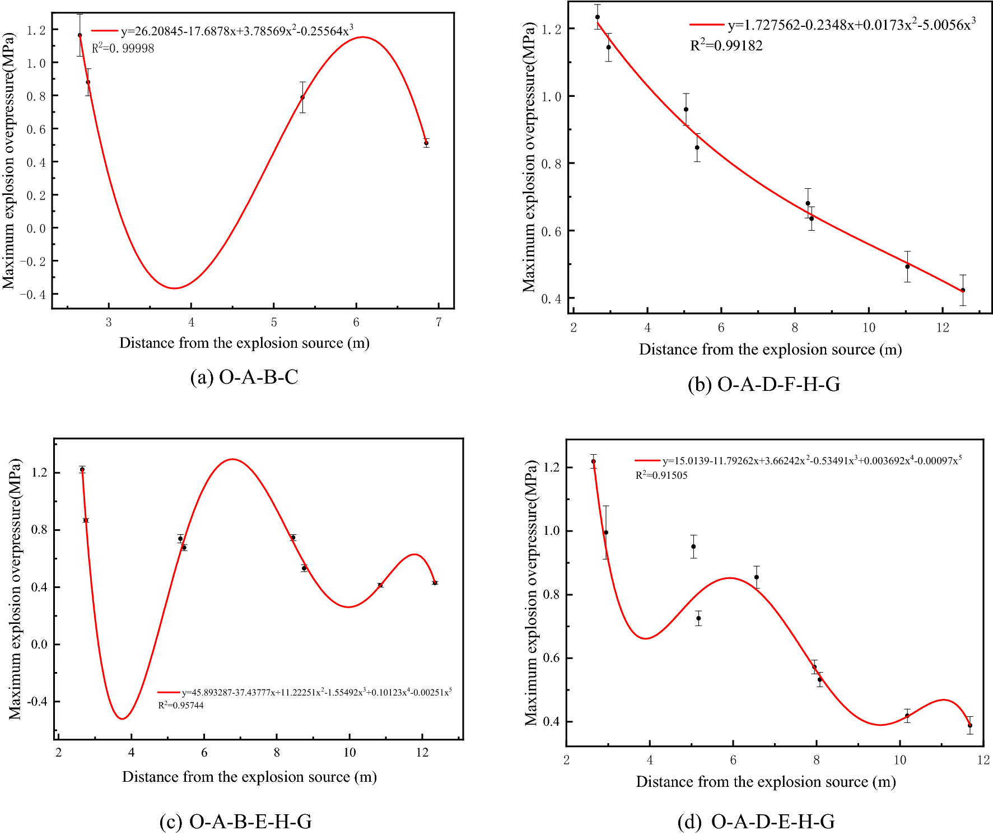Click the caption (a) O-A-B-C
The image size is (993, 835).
click(x=244, y=377)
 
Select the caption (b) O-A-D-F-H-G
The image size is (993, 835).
click(x=764, y=384)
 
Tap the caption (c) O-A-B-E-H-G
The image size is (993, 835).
click(x=235, y=822)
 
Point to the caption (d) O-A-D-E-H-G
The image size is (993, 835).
click(x=756, y=822)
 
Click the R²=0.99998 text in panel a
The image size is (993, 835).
click(x=123, y=48)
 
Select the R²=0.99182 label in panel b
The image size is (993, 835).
click(x=726, y=45)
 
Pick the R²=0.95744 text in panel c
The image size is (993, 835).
click(x=180, y=705)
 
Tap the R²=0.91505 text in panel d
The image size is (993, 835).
click(x=661, y=475)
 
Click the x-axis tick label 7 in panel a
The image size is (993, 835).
click(x=439, y=323)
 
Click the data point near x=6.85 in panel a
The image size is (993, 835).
click(x=426, y=143)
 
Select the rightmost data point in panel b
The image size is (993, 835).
click(x=963, y=290)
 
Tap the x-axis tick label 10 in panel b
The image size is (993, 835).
click(x=869, y=328)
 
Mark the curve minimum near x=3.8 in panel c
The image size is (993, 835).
click(x=122, y=719)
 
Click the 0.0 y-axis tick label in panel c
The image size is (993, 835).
click(x=39, y=645)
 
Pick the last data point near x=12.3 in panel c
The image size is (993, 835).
click(x=435, y=583)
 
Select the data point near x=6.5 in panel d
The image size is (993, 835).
click(x=757, y=577)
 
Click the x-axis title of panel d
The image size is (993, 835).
click(x=766, y=782)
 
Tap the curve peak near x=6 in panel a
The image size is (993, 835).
click(x=362, y=38)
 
